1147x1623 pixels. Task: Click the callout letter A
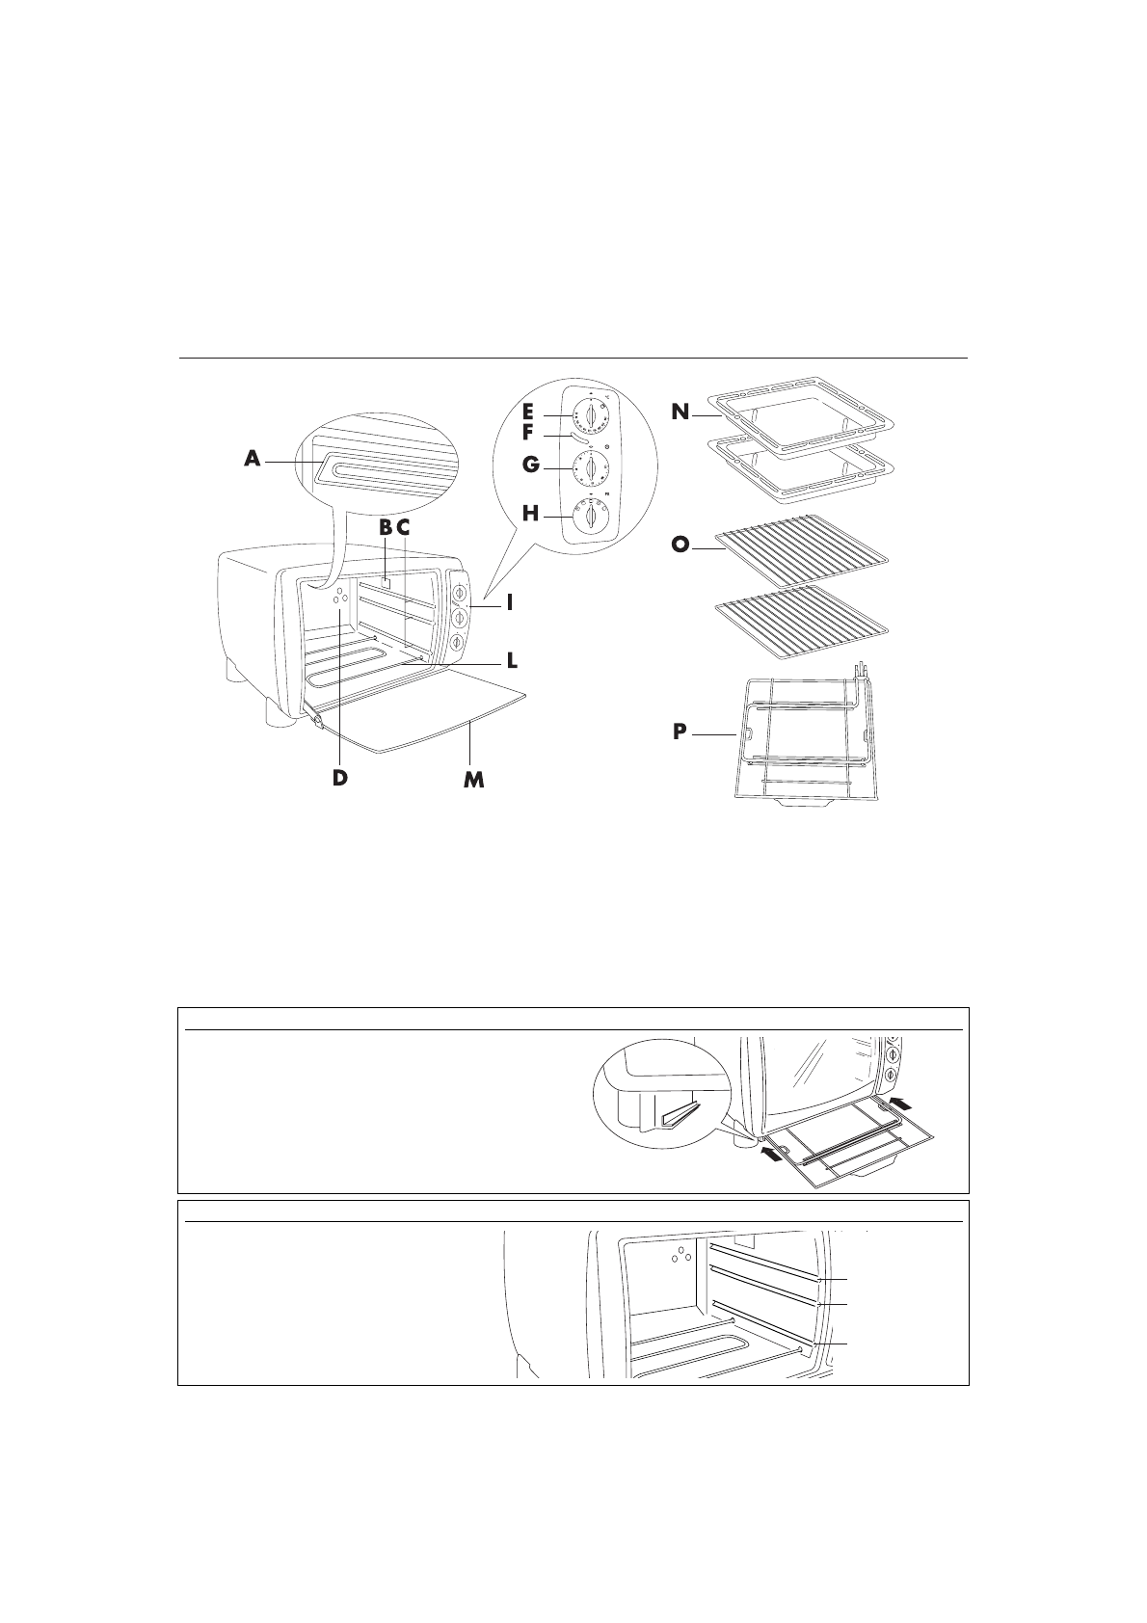tap(253, 461)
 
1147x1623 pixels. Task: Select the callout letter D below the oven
tap(339, 777)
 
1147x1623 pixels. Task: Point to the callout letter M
tap(472, 780)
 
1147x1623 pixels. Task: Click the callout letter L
tap(513, 661)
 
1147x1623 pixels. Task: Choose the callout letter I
tap(509, 603)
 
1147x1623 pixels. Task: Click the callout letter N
tap(680, 412)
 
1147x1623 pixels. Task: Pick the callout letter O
tap(680, 545)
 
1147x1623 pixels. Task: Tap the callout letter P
tap(680, 733)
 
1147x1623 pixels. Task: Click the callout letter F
tap(529, 435)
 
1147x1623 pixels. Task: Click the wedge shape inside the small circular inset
tap(682, 1115)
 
